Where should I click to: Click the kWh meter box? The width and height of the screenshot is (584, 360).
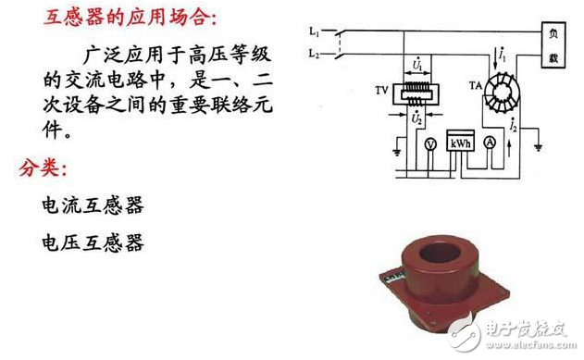click(460, 143)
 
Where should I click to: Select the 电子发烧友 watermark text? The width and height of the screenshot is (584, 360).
click(535, 329)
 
